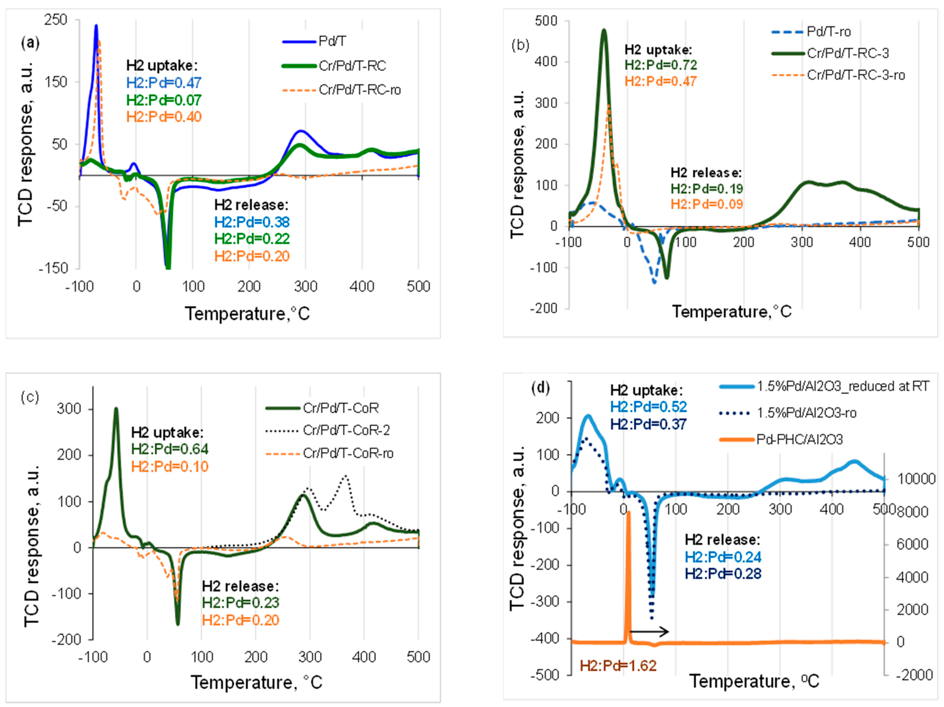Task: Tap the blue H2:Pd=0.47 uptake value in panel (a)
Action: (x=163, y=83)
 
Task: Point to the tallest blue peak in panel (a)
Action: (x=96, y=26)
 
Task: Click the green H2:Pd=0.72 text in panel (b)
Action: (x=661, y=65)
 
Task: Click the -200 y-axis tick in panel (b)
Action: (x=544, y=308)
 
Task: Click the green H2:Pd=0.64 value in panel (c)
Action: (x=170, y=449)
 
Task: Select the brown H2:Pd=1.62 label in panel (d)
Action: (x=618, y=666)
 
